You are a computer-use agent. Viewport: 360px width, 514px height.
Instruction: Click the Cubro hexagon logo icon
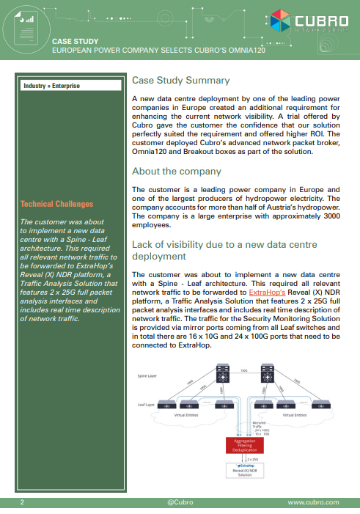[280, 21]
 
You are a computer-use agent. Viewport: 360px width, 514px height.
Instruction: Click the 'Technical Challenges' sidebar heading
[56, 204]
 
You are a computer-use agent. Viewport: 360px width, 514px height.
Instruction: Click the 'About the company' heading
[176, 171]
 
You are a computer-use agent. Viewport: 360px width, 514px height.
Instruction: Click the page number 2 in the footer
[22, 502]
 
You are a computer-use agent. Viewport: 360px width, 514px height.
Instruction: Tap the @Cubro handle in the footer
[180, 502]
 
